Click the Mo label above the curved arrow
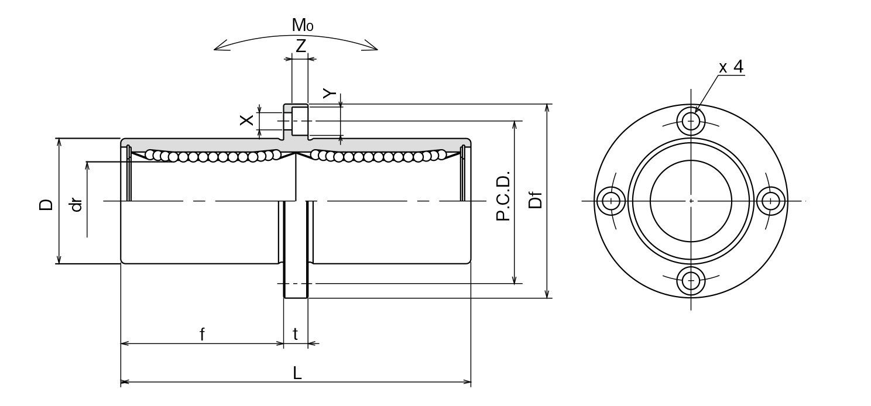[x=303, y=26]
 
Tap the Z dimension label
[x=300, y=46]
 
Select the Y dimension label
[x=330, y=94]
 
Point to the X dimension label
[x=248, y=120]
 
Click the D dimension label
[x=46, y=204]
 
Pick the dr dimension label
[x=76, y=204]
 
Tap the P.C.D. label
[x=503, y=196]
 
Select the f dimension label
[x=202, y=335]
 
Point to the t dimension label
[x=296, y=335]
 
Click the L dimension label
[x=297, y=373]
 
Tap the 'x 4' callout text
[x=731, y=67]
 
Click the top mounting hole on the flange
[x=691, y=121]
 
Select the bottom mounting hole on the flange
[x=691, y=280]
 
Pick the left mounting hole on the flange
[x=612, y=201]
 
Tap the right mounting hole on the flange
[x=770, y=201]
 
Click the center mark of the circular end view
[x=691, y=201]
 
